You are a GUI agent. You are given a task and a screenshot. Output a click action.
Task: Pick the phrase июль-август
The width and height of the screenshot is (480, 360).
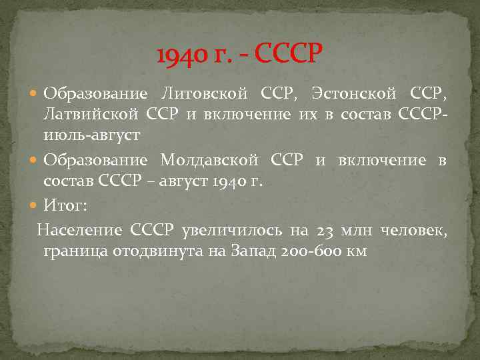coord(91,136)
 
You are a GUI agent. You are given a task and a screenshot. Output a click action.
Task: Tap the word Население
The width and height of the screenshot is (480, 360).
coord(80,231)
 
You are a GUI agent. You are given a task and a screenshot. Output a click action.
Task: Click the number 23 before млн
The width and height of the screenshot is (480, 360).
coord(326,231)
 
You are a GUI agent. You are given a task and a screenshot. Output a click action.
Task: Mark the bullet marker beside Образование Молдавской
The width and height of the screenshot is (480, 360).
coord(35,161)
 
